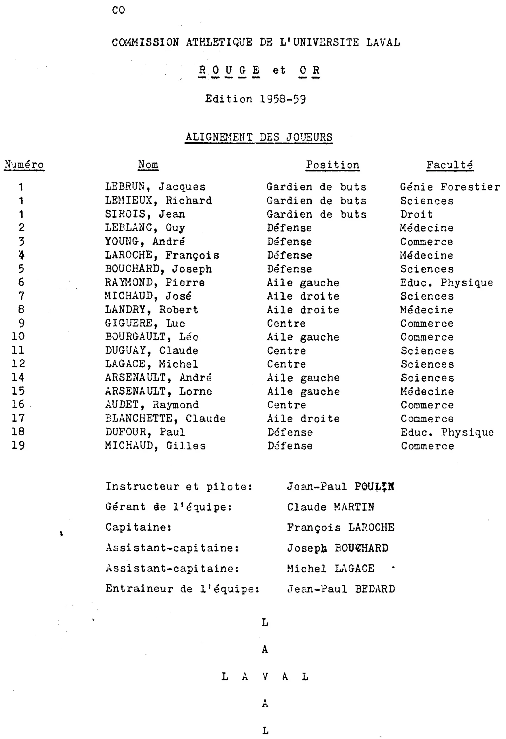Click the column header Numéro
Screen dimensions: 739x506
pyautogui.click(x=24, y=165)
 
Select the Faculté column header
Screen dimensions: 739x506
pyautogui.click(x=449, y=165)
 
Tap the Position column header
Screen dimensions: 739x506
pyautogui.click(x=332, y=165)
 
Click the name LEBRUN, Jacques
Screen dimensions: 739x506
pyautogui.click(x=155, y=187)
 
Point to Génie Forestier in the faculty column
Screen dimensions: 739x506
pyautogui.click(x=450, y=187)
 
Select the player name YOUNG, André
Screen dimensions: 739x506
pyautogui.click(x=145, y=241)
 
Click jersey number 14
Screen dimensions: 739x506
pyautogui.click(x=18, y=378)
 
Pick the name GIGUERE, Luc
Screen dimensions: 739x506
pyautogui.click(x=145, y=323)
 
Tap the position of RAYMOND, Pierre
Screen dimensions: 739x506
pyautogui.click(x=303, y=282)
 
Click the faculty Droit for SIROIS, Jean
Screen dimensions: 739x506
pyautogui.click(x=416, y=214)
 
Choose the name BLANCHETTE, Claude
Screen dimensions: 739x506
pyautogui.click(x=165, y=418)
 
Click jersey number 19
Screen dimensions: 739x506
pyautogui.click(x=18, y=445)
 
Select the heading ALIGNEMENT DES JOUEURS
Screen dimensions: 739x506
pyautogui.click(x=259, y=137)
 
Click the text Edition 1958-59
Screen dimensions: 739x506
pyautogui.click(x=255, y=99)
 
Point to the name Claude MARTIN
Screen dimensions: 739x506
pyautogui.click(x=331, y=507)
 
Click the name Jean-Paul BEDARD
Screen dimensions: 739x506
pyautogui.click(x=341, y=589)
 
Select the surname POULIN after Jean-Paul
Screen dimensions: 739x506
pyautogui.click(x=374, y=486)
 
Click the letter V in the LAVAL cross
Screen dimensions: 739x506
pyautogui.click(x=265, y=676)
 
